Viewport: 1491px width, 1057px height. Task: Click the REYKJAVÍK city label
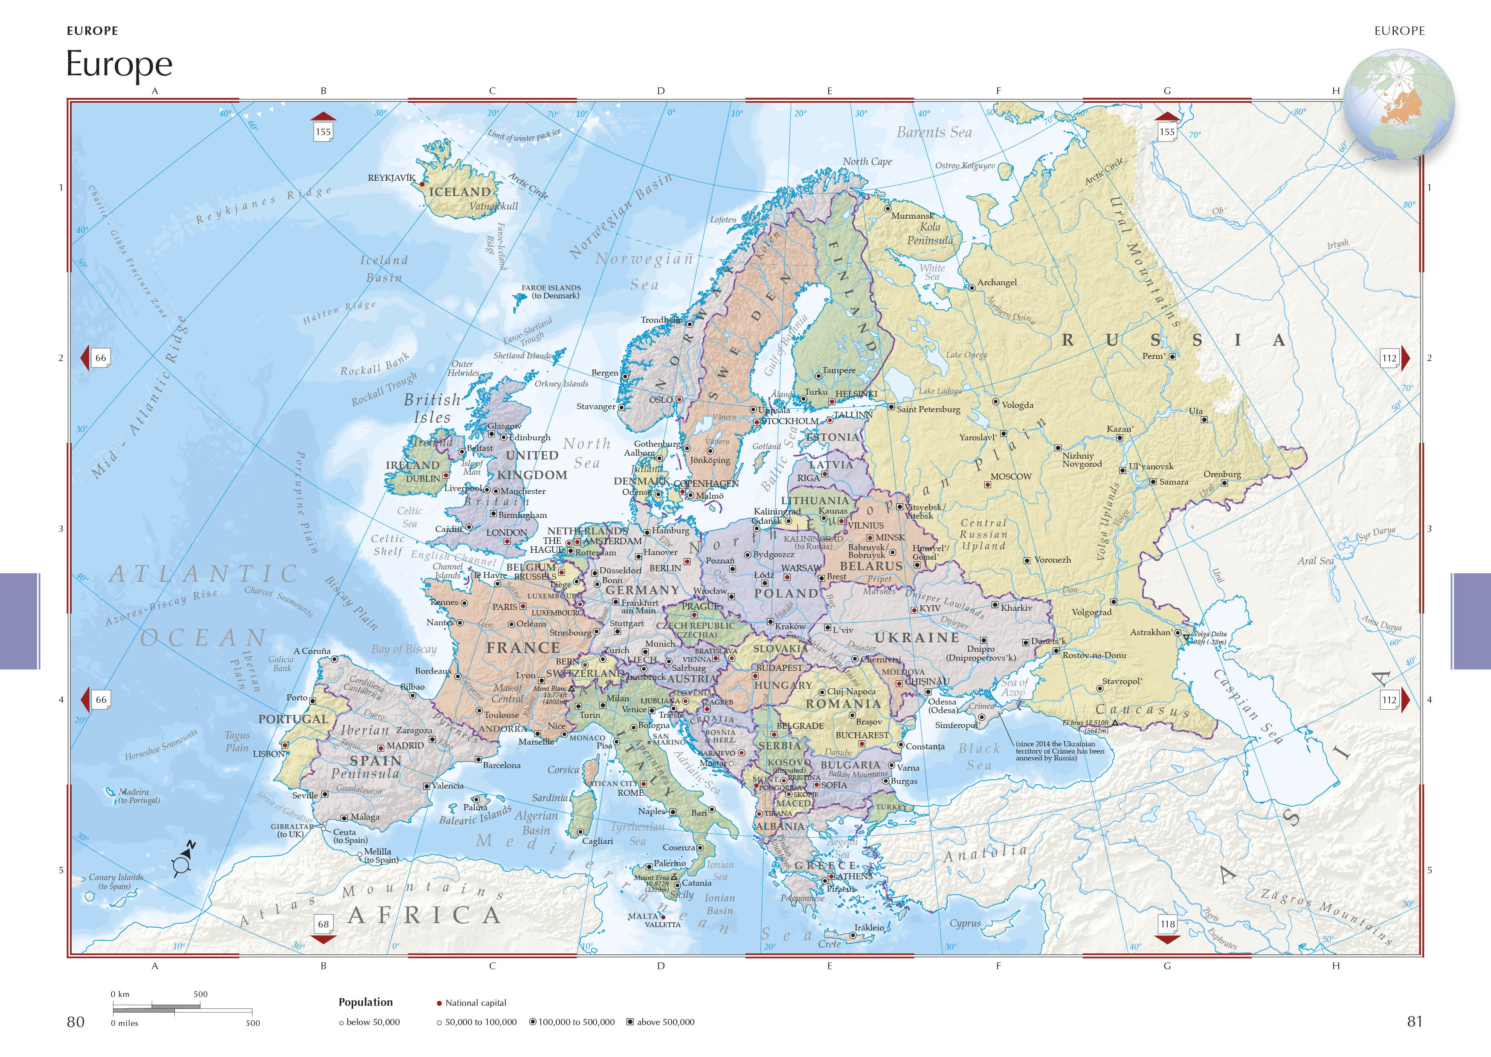point(391,178)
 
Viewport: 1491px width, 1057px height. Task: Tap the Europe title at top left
point(119,64)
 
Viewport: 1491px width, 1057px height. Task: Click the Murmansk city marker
point(888,209)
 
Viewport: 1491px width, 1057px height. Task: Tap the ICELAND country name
point(460,192)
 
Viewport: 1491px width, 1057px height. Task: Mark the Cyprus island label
point(965,923)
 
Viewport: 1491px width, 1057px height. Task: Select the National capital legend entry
point(475,1003)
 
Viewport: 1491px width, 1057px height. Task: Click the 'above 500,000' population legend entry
point(664,1022)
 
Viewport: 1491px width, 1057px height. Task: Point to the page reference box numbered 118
point(1167,924)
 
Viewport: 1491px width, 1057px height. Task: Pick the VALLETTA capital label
point(662,924)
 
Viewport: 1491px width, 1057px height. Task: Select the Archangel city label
point(996,283)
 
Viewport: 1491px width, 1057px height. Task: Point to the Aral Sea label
point(1315,560)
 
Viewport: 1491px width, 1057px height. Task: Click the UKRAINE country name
point(917,638)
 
